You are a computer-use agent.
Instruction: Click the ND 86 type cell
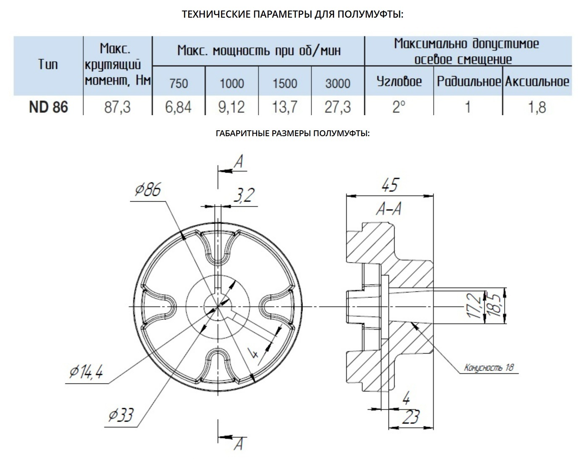tap(48, 107)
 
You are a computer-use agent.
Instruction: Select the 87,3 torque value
tap(117, 107)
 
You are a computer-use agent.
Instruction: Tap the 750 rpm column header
tap(178, 83)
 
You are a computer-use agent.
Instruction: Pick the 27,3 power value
tap(337, 107)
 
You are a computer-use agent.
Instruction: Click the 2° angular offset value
tap(398, 107)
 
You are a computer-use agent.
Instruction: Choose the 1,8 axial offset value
tap(536, 107)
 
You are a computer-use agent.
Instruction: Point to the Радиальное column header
tap(469, 81)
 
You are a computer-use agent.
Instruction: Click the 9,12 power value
tap(231, 107)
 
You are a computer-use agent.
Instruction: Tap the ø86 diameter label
tap(147, 191)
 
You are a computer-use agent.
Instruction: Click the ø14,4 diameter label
tap(87, 372)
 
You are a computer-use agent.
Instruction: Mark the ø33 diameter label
tap(121, 415)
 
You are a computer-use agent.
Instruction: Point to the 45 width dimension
tap(389, 185)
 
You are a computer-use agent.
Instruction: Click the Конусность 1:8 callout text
tap(489, 368)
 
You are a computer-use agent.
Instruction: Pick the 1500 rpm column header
tap(284, 83)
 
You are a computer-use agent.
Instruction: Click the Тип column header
tap(48, 64)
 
